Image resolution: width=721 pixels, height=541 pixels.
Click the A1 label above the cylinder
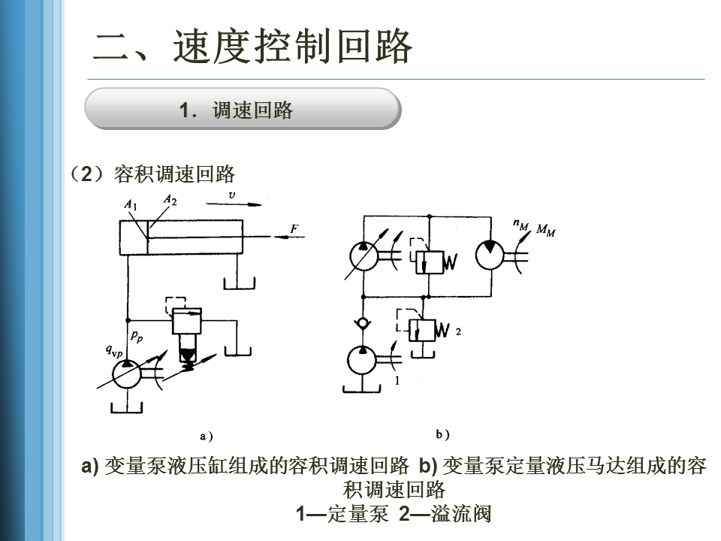pos(131,204)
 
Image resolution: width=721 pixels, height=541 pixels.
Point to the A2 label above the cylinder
pos(170,199)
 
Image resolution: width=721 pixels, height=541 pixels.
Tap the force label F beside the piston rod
pos(294,228)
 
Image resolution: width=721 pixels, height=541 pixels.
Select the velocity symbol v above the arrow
pos(232,195)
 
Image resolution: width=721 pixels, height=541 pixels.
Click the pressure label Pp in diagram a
pos(137,337)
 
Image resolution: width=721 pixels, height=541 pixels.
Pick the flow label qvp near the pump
pos(114,352)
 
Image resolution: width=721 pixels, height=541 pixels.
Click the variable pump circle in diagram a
pos(126,374)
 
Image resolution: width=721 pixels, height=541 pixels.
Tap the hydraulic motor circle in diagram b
pos(490,255)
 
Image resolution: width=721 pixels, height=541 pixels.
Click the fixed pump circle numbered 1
pos(362,360)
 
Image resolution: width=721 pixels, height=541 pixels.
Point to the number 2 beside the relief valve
pos(458,331)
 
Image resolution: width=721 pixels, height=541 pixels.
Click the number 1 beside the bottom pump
pos(397,380)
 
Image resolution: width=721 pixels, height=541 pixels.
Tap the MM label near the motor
pos(545,230)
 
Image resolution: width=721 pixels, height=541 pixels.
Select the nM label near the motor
pos(521,225)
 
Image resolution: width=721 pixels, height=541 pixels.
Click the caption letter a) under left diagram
pos(206,436)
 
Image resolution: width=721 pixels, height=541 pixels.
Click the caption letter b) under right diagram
pos(442,434)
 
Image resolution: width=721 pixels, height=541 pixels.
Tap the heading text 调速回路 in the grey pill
pos(252,110)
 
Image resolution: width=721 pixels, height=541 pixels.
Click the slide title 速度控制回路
pos(292,46)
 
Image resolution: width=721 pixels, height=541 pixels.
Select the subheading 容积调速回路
pos(174,174)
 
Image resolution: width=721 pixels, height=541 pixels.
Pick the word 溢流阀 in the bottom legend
pos(461,514)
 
